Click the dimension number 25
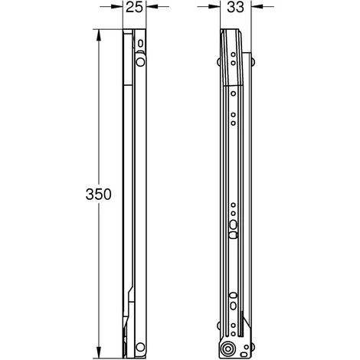pos(134,8)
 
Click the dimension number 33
pos(235,8)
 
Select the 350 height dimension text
pos(98,194)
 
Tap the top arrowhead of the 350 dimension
pos(99,35)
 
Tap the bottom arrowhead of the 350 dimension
pos(99,352)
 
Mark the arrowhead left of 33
pos(214,7)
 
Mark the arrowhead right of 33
pos(257,7)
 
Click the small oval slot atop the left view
pos(140,44)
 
